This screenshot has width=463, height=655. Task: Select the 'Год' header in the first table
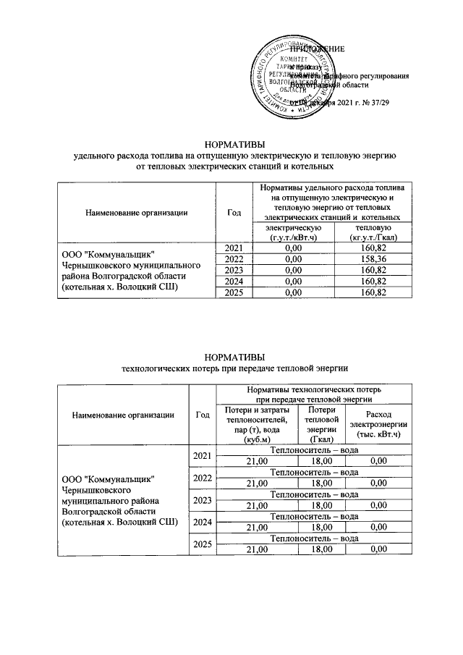pyautogui.click(x=234, y=212)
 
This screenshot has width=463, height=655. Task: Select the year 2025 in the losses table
pyautogui.click(x=203, y=544)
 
